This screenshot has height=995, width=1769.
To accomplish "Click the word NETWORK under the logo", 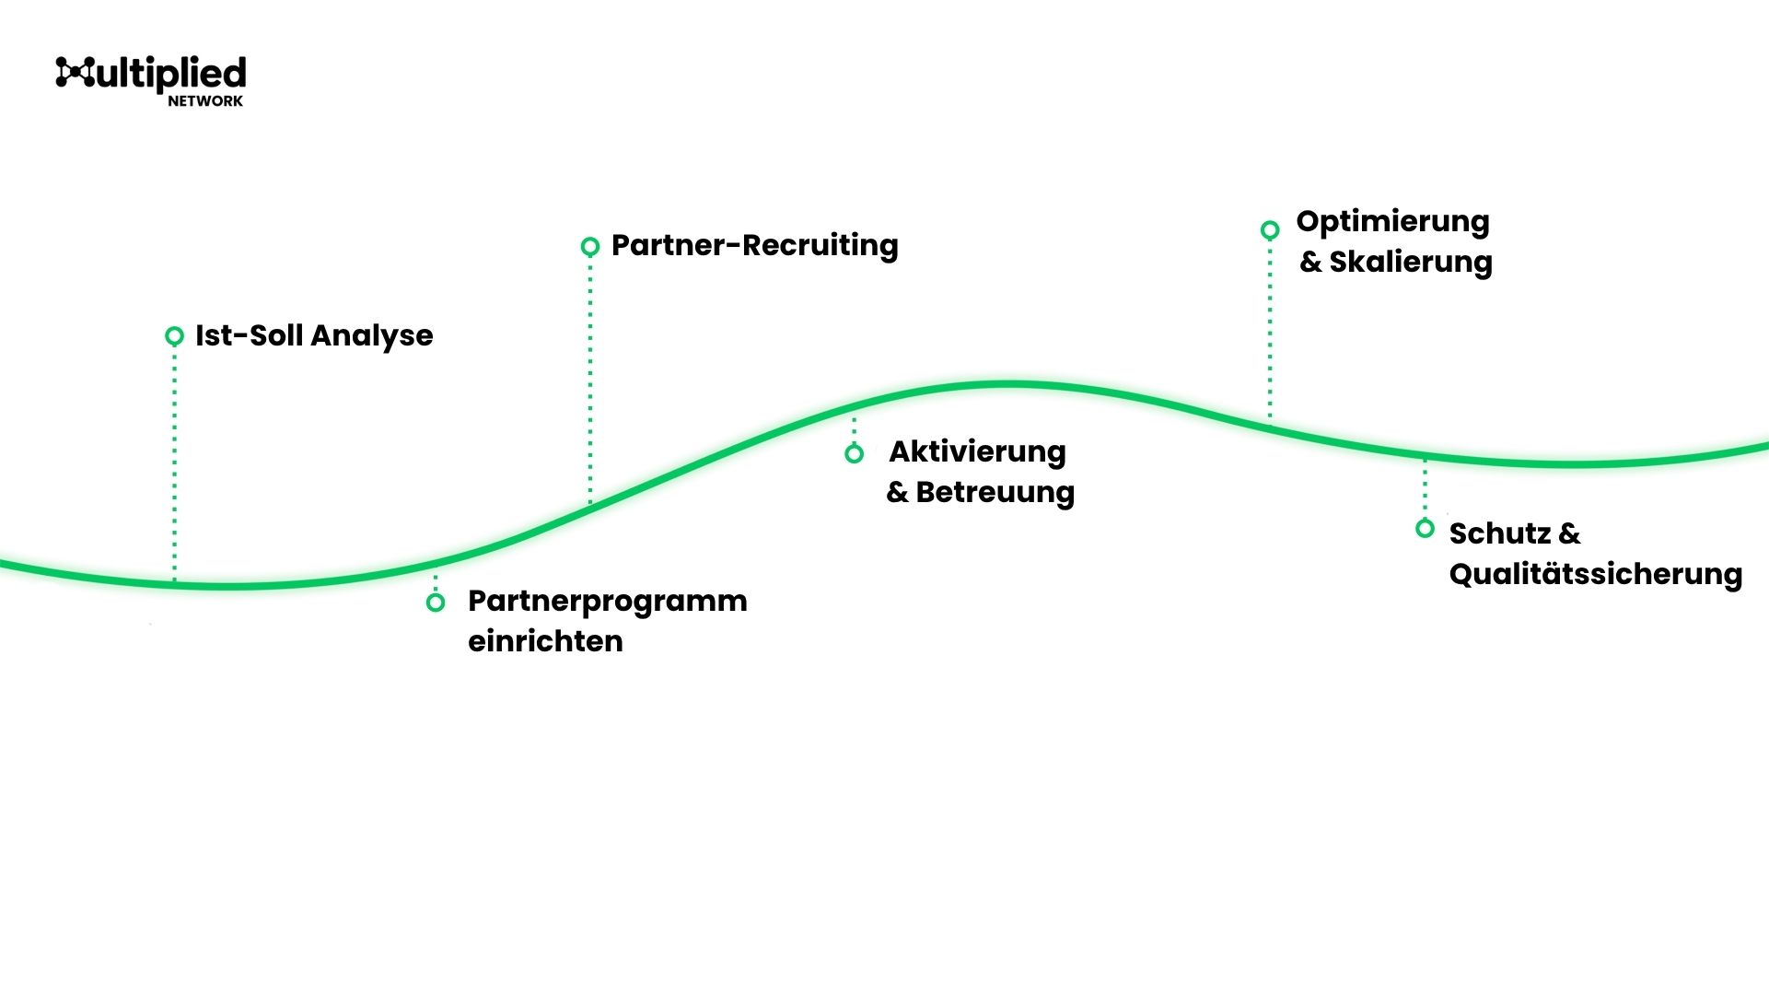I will pyautogui.click(x=205, y=101).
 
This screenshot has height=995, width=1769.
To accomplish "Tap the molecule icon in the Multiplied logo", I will pyautogui.click(x=75, y=72).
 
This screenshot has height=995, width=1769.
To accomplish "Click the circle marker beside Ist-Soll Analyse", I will pyautogui.click(x=174, y=336).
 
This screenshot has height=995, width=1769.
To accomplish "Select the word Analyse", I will pyautogui.click(x=372, y=336).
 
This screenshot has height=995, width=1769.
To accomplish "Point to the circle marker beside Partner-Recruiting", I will pyautogui.click(x=590, y=246).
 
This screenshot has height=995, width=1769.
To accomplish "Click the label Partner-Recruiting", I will pyautogui.click(x=754, y=246).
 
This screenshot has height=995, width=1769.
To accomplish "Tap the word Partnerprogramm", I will pyautogui.click(x=607, y=602).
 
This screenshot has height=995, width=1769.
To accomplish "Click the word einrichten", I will pyautogui.click(x=545, y=641).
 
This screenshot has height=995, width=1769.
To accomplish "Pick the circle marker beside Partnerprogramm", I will pyautogui.click(x=436, y=603).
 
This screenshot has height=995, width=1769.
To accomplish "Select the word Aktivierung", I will pyautogui.click(x=977, y=451).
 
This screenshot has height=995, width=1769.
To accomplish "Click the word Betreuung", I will pyautogui.click(x=995, y=492).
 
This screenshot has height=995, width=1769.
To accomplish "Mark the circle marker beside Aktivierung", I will pyautogui.click(x=855, y=453).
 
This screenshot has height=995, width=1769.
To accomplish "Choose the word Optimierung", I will pyautogui.click(x=1392, y=222).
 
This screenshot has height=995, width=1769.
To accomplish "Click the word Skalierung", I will pyautogui.click(x=1410, y=263).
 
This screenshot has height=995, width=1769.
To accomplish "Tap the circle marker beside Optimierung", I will pyautogui.click(x=1270, y=229).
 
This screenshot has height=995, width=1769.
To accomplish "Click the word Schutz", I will pyautogui.click(x=1500, y=533).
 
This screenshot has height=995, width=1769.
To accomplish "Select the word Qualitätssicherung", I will pyautogui.click(x=1595, y=575).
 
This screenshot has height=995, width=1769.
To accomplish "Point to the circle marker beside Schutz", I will pyautogui.click(x=1425, y=529).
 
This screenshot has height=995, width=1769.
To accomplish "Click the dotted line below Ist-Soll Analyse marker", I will pyautogui.click(x=174, y=461).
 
